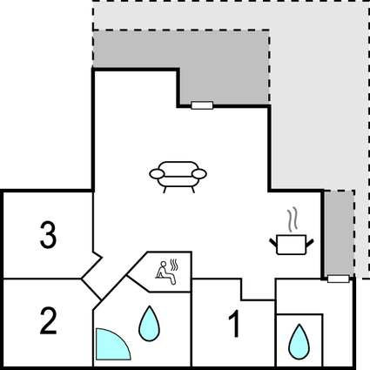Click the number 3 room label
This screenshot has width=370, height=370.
tap(48, 235)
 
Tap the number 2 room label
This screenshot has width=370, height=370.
tap(48, 321)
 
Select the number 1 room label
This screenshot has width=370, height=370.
tap(234, 324)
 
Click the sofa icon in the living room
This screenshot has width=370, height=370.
tap(178, 177)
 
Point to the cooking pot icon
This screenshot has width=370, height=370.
tap(292, 245)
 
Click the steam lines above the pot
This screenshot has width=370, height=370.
tap(293, 219)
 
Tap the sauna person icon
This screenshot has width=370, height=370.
tap(165, 273)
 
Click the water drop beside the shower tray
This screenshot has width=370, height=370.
tap(149, 324)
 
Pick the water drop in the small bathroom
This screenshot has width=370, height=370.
tap(299, 342)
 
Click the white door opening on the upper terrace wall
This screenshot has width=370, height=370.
tap(202, 105)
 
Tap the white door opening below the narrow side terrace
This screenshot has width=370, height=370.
tap(339, 279)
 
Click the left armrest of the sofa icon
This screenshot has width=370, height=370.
tap(157, 174)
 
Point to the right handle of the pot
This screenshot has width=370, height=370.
tap(310, 243)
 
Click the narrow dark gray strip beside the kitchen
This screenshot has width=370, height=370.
tap(339, 233)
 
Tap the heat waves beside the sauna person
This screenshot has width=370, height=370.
tap(173, 265)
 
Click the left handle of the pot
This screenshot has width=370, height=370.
tap(273, 243)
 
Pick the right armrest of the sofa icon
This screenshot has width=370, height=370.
tap(199, 174)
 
